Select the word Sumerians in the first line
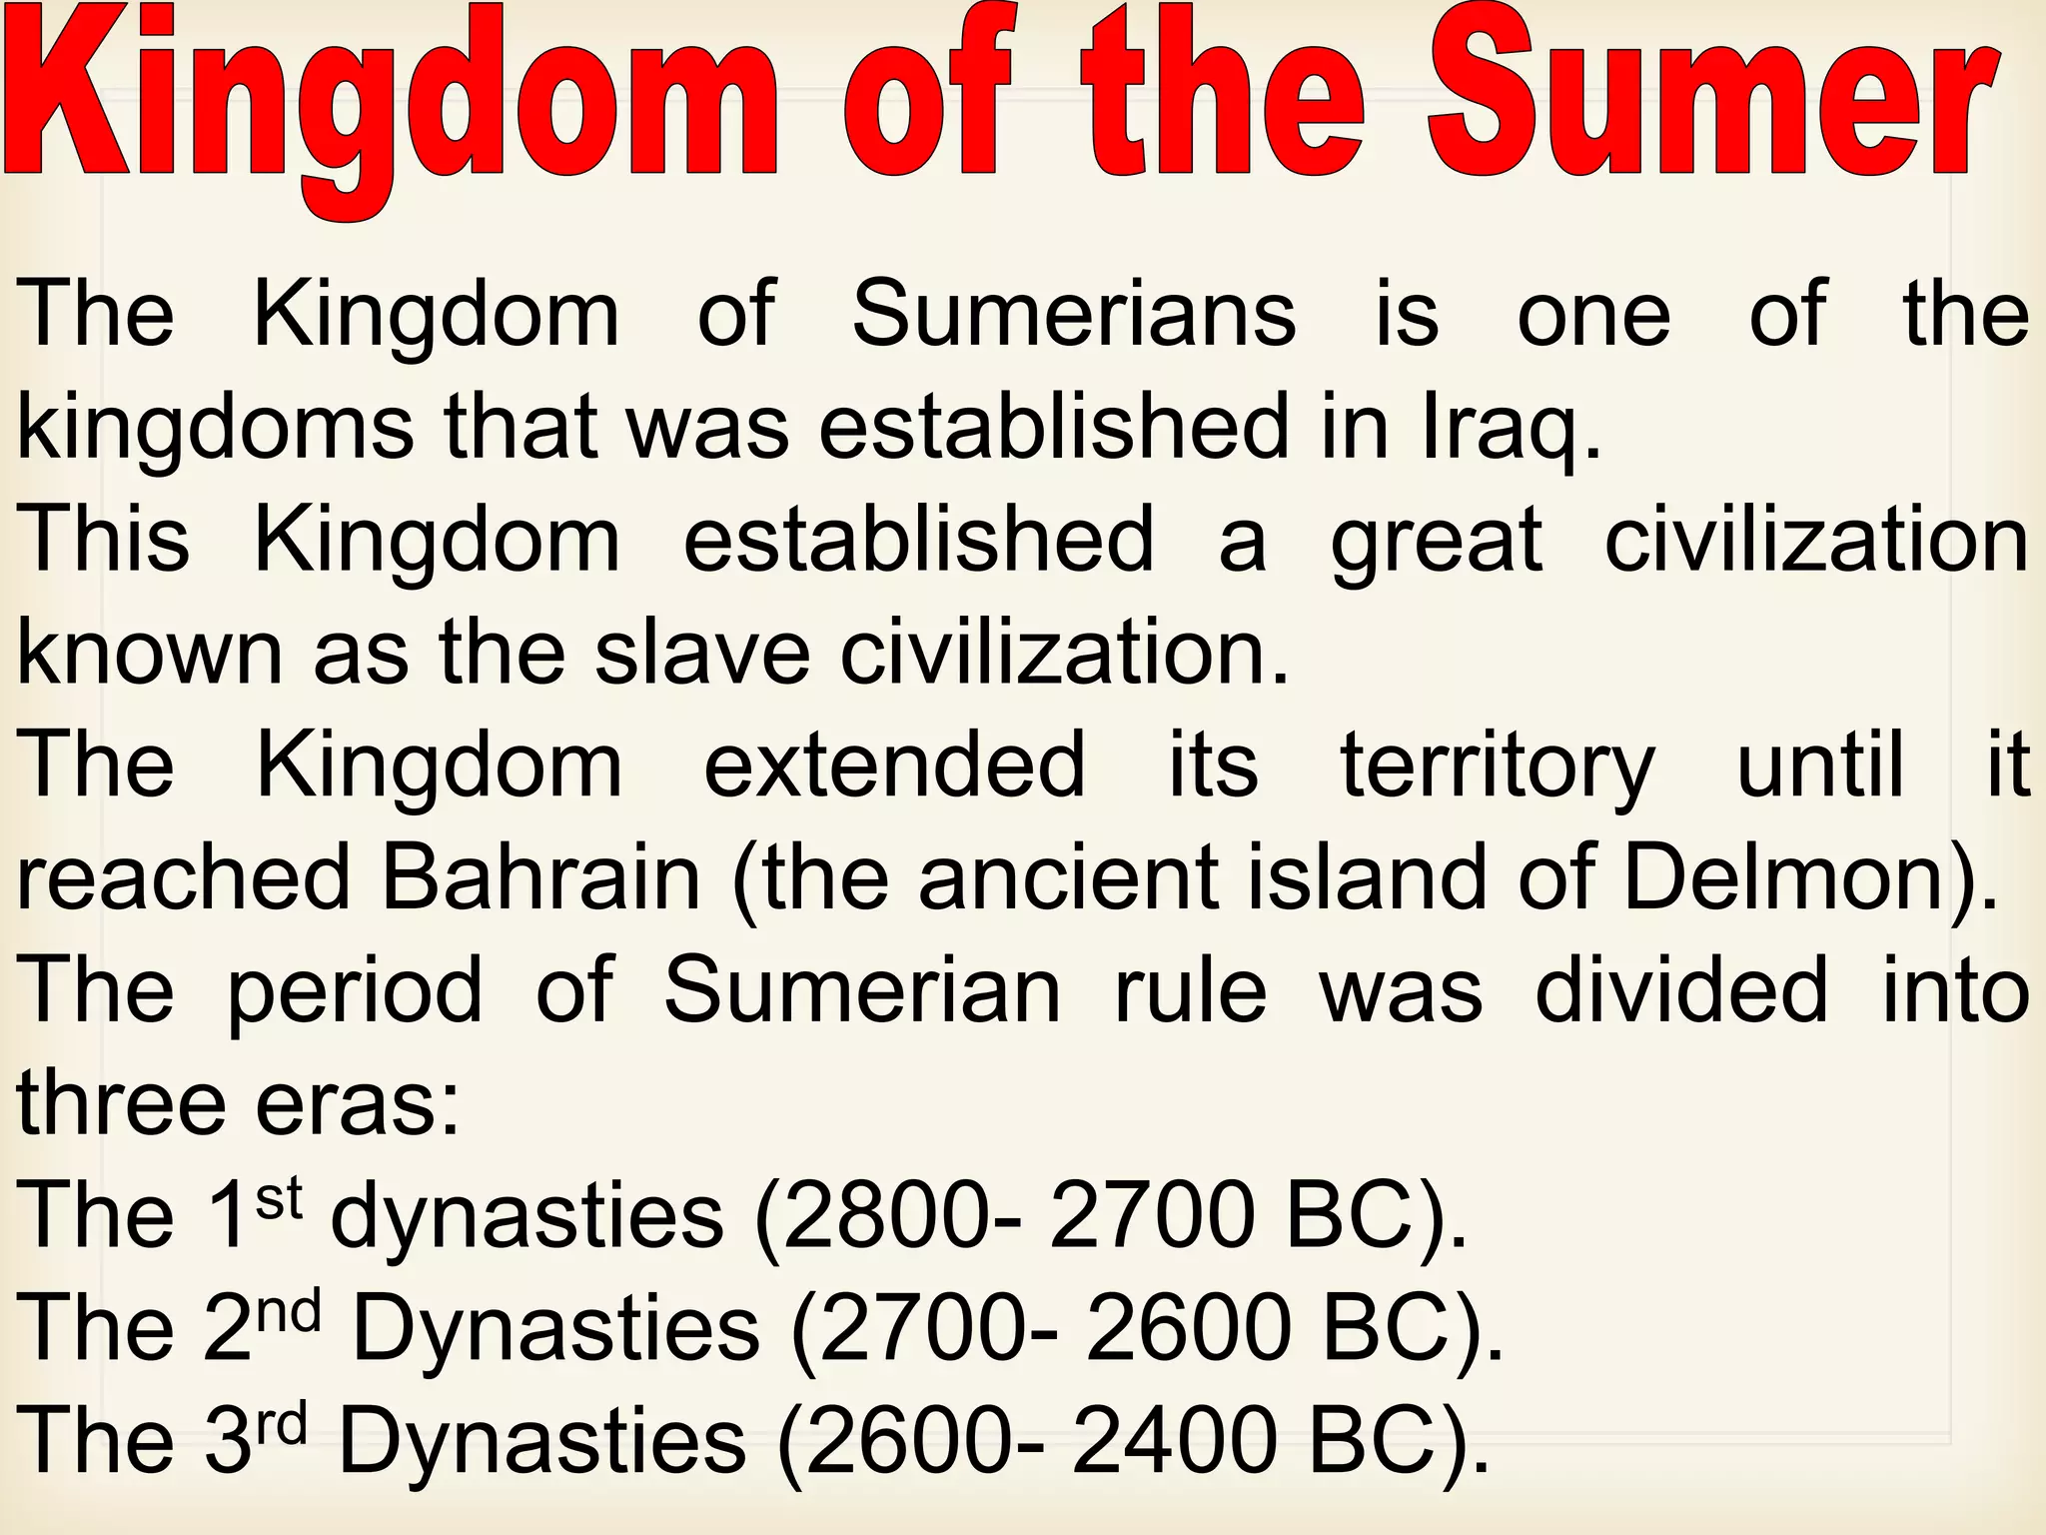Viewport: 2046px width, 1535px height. click(1074, 314)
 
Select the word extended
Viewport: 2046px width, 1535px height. click(895, 766)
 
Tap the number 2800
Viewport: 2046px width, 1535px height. click(890, 1216)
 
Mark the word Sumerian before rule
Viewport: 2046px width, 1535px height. click(862, 990)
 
